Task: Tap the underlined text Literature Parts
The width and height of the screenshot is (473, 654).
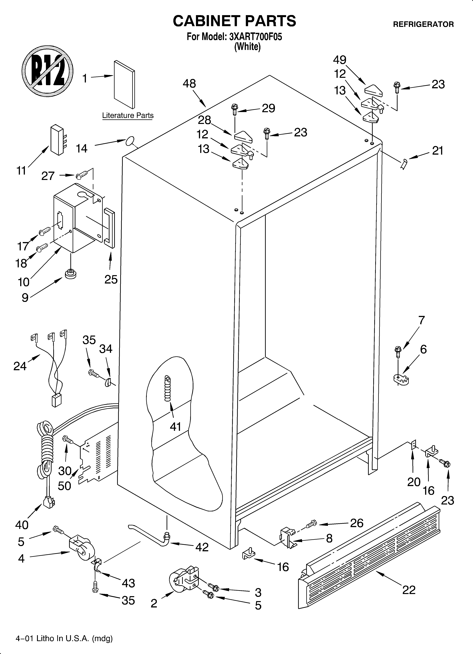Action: pos(128,116)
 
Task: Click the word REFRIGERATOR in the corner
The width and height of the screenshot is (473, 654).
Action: pos(423,24)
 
